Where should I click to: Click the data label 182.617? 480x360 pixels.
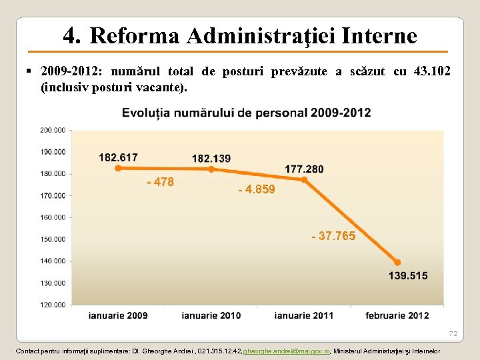point(118,157)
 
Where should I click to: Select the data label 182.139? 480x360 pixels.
point(211,159)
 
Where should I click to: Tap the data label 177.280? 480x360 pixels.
point(304,169)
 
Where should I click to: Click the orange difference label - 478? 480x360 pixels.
point(160,182)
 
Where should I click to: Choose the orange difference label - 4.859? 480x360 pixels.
point(257,190)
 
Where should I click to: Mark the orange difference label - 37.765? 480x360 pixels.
point(333,236)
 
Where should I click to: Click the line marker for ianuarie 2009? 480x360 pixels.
point(118,168)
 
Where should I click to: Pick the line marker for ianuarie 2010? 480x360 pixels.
point(211,169)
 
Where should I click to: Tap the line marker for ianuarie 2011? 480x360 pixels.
point(304,179)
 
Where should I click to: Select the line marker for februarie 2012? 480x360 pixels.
point(397,262)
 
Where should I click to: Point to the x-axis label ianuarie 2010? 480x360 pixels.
point(211,315)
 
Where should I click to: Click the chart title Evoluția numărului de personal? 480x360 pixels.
point(246,113)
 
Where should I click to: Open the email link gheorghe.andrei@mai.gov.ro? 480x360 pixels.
point(287,351)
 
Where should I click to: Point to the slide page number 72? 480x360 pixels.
point(453,333)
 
